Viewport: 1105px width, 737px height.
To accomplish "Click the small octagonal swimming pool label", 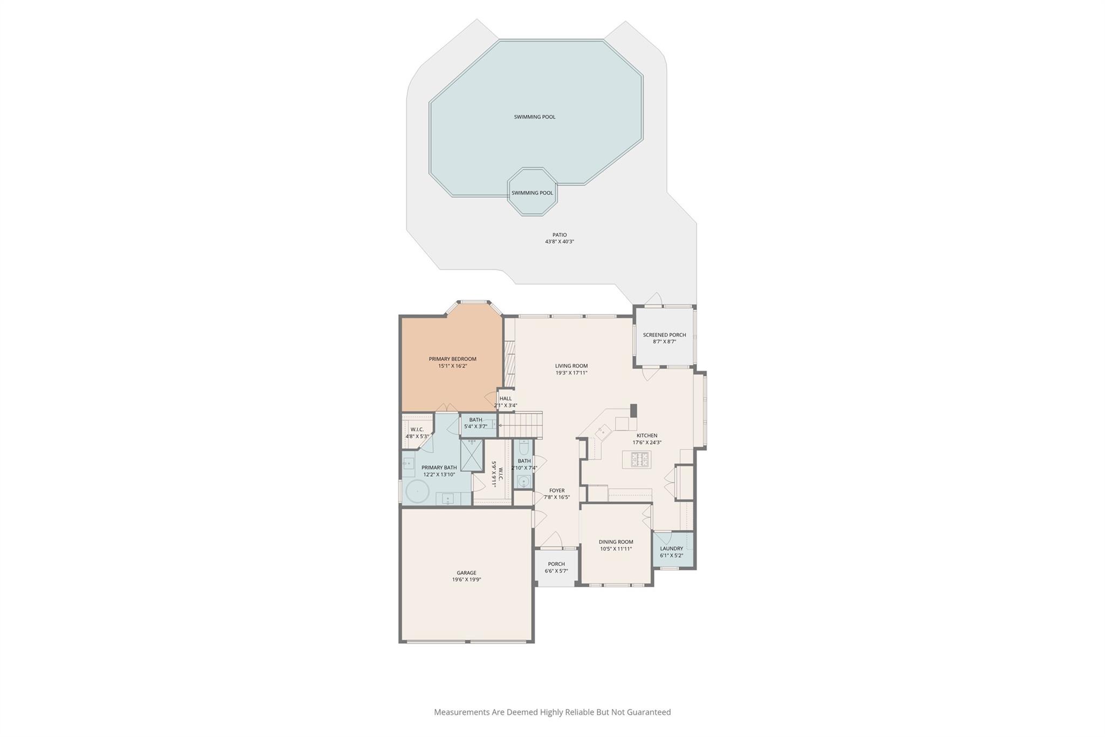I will tap(532, 193).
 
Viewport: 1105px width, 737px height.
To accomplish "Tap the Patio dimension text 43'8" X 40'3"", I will tap(560, 242).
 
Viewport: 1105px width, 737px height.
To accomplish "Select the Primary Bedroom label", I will tap(452, 359).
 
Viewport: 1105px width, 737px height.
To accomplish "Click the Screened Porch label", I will tap(664, 335).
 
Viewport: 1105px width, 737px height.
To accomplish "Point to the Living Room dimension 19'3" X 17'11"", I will tap(571, 373).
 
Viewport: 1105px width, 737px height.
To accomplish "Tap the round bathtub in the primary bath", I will tap(417, 492).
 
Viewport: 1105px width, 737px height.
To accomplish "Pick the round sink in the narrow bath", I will tap(523, 481).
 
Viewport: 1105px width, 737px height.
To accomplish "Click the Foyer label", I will tap(557, 491).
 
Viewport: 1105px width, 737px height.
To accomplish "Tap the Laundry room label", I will tap(671, 549).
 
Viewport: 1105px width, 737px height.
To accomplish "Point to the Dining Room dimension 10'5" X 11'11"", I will tap(616, 549).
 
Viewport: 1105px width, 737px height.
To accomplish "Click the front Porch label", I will tap(556, 564).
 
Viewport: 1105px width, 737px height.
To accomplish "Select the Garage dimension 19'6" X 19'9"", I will tap(467, 580).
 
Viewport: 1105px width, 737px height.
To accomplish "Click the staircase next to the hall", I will tap(520, 425).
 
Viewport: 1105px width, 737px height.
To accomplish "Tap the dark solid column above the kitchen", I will tap(634, 411).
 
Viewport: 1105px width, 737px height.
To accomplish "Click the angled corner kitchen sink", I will tap(602, 431).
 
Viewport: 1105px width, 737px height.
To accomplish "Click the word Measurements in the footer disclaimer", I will tap(461, 712).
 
